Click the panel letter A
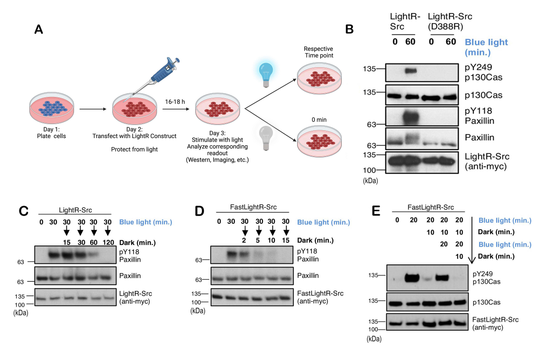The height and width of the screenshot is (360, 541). [x=39, y=29]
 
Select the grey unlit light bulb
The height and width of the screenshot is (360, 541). [x=266, y=138]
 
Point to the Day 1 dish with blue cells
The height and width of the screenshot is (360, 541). [x=52, y=108]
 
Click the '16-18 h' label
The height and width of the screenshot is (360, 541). [x=175, y=102]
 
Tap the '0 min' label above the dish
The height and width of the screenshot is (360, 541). [x=319, y=120]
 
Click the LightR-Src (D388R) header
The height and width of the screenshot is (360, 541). [x=450, y=21]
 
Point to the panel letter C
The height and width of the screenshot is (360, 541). [x=23, y=211]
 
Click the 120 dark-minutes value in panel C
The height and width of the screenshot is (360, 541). [x=108, y=242]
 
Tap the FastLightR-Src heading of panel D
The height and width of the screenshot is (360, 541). [x=253, y=207]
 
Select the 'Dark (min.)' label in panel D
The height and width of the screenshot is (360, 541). [x=315, y=240]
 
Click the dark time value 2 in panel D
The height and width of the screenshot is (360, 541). [x=244, y=240]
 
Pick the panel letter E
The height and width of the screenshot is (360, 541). [x=376, y=211]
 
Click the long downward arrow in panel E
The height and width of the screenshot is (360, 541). [x=472, y=240]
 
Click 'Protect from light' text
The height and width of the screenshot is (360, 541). [x=134, y=149]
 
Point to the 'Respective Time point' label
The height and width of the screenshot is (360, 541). [x=319, y=52]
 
